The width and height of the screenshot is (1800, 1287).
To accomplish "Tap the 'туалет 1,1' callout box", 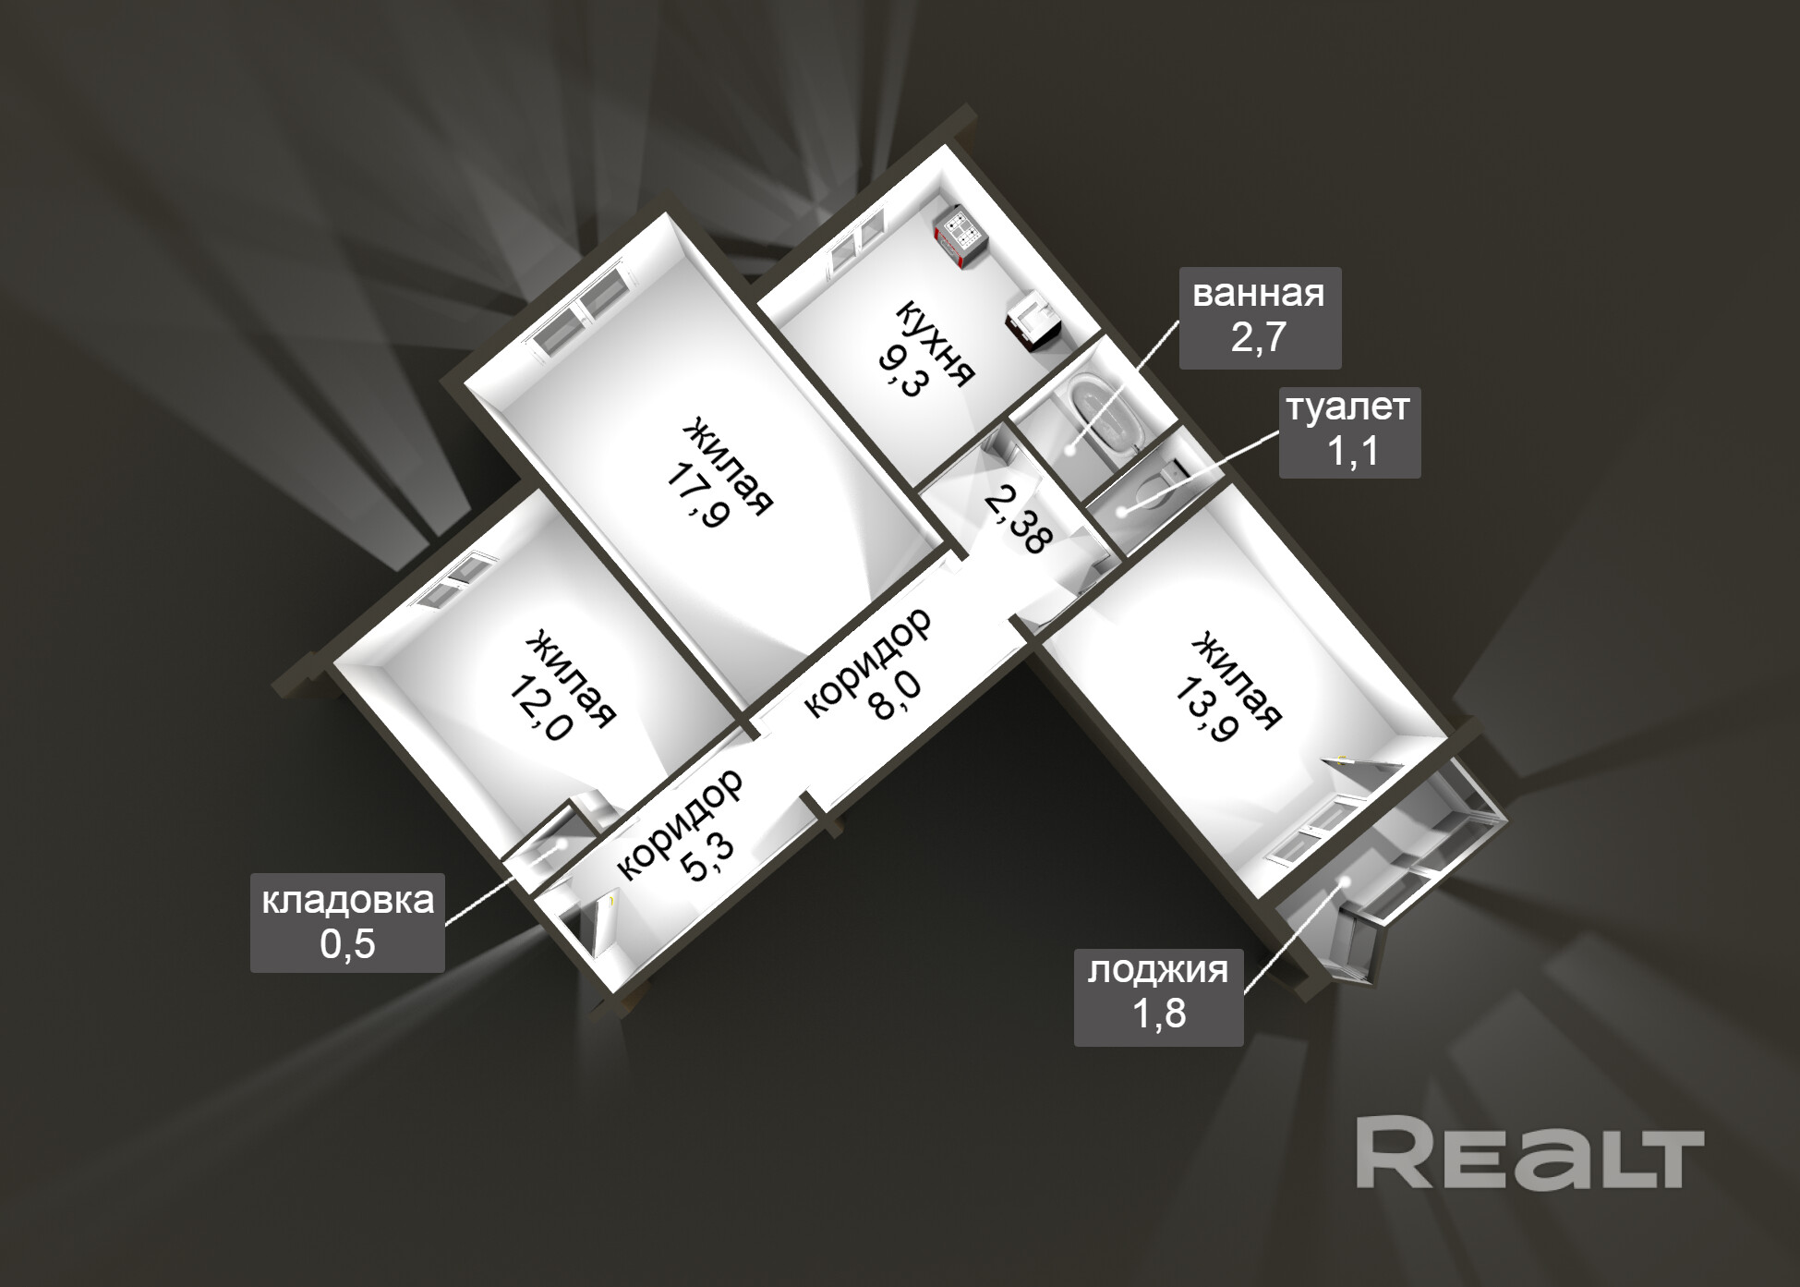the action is [1348, 431].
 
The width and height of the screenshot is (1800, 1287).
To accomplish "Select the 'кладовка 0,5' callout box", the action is [347, 922].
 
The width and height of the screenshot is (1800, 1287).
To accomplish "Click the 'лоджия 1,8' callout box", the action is [1158, 993].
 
